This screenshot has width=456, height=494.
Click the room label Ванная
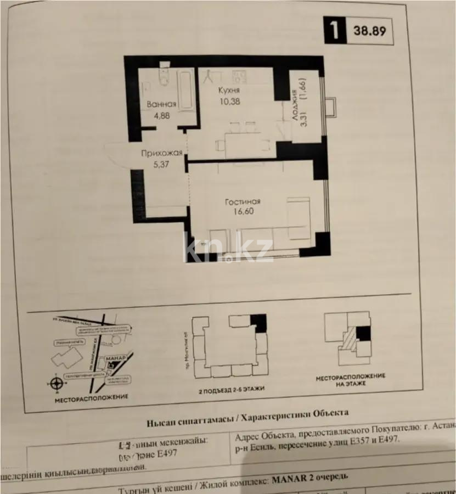pyautogui.click(x=161, y=104)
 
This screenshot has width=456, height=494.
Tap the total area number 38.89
pyautogui.click(x=369, y=31)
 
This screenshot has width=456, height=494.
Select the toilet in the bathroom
pyautogui.click(x=163, y=78)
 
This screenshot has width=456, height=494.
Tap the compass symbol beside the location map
pyautogui.click(x=55, y=383)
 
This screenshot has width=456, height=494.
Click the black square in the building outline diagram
pyautogui.click(x=258, y=323)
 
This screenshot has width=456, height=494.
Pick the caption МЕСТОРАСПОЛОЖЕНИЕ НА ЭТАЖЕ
pyautogui.click(x=350, y=380)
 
